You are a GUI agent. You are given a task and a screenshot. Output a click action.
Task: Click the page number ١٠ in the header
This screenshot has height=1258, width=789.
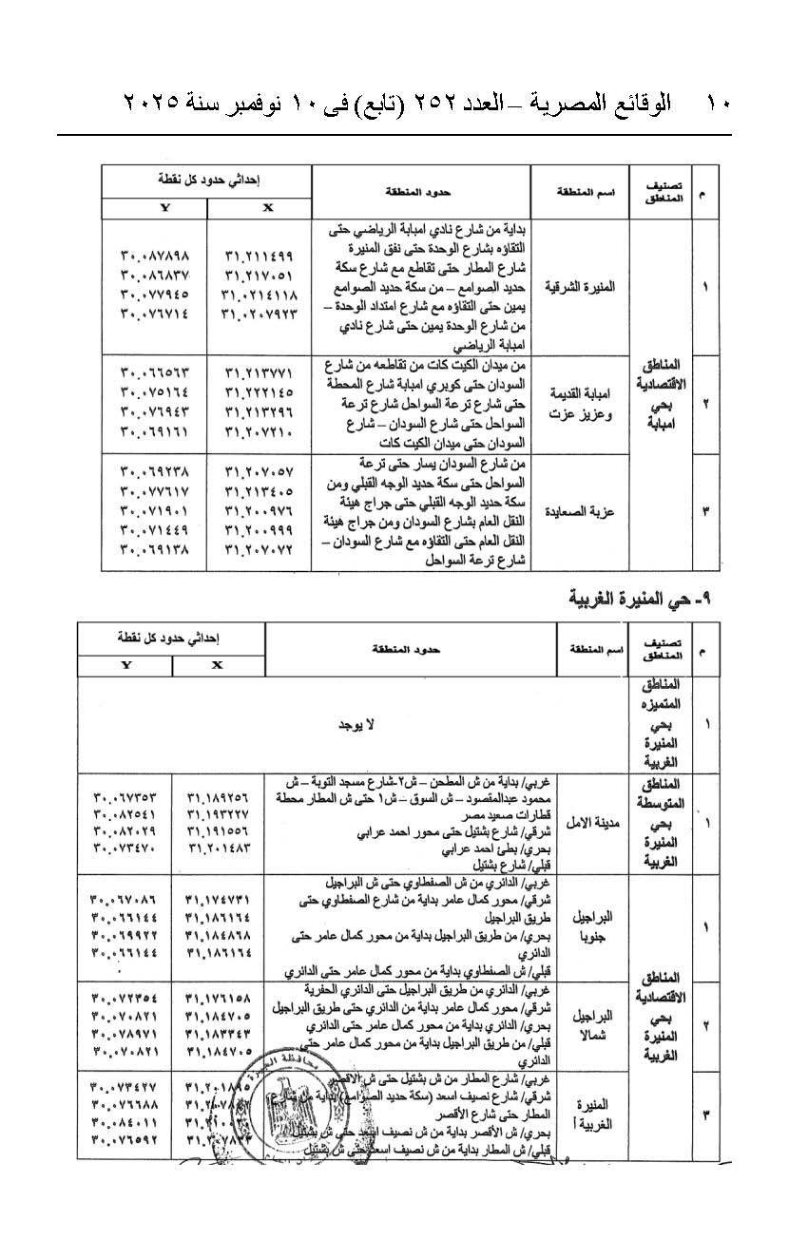click(x=716, y=102)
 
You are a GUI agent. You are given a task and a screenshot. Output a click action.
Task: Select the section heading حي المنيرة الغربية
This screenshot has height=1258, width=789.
click(x=644, y=599)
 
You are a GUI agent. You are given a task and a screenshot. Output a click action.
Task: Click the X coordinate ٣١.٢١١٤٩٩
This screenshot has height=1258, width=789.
click(x=260, y=256)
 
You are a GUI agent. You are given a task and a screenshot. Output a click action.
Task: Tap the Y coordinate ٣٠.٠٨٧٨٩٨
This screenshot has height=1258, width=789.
click(x=156, y=256)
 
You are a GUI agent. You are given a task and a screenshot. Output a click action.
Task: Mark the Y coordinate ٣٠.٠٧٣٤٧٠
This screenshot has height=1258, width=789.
click(x=124, y=847)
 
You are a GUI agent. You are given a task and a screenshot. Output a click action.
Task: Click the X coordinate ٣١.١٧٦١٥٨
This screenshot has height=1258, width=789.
click(x=218, y=998)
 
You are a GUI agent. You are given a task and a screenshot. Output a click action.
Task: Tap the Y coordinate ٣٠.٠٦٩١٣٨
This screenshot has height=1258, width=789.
click(x=156, y=549)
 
